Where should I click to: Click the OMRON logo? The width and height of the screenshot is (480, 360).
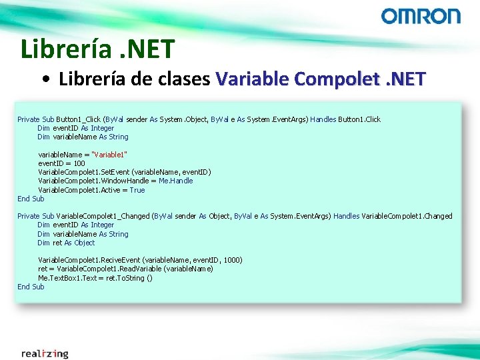pyautogui.click(x=420, y=16)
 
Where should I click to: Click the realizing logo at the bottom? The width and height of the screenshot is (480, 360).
pyautogui.click(x=45, y=353)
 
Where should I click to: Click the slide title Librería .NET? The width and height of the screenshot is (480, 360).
pyautogui.click(x=97, y=49)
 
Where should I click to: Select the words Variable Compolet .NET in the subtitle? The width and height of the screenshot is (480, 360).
pyautogui.click(x=320, y=79)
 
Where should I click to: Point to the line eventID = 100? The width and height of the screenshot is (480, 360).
pyautogui.click(x=61, y=163)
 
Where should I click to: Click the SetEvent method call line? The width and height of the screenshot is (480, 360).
pyautogui.click(x=124, y=172)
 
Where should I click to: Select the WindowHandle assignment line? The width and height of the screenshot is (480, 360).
pyautogui.click(x=115, y=181)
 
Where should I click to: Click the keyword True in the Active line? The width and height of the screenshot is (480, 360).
pyautogui.click(x=137, y=190)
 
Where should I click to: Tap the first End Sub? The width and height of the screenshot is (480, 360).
pyautogui.click(x=31, y=199)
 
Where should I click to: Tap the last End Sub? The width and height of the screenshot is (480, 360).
pyautogui.click(x=31, y=287)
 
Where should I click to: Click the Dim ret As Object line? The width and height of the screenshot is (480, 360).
pyautogui.click(x=66, y=243)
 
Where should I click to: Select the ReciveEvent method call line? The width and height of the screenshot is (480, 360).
pyautogui.click(x=140, y=260)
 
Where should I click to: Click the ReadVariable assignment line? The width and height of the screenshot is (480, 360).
pyautogui.click(x=125, y=269)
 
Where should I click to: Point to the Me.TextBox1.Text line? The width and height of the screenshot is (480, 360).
pyautogui.click(x=95, y=278)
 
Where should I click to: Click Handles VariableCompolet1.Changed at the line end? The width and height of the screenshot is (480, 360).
pyautogui.click(x=393, y=216)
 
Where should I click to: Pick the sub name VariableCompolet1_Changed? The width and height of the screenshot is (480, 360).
pyautogui.click(x=103, y=216)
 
